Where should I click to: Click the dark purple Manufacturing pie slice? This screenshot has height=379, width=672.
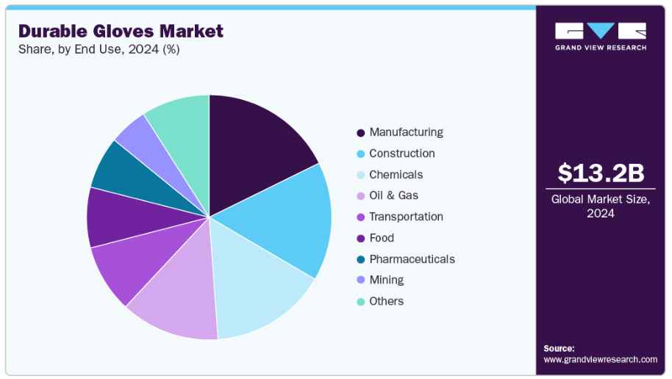tap(254, 143)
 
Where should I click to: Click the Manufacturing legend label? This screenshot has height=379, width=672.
tap(406, 132)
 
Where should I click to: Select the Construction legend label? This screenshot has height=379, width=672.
tap(402, 154)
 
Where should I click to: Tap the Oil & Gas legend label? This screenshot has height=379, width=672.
tap(393, 195)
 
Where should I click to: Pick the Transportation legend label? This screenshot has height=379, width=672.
tap(406, 217)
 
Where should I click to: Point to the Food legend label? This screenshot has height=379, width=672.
tap(382, 238)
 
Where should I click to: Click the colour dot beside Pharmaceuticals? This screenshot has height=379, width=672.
tap(360, 260)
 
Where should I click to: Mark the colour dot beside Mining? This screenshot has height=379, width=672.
tap(360, 281)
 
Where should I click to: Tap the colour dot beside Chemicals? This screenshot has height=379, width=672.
tap(360, 176)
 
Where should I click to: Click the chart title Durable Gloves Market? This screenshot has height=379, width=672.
tap(121, 31)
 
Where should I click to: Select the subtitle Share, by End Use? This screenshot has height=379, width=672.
tap(99, 50)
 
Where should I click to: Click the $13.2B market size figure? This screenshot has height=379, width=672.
tap(601, 173)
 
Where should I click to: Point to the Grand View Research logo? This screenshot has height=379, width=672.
tap(601, 36)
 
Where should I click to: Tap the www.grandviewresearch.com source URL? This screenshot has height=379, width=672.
tap(600, 359)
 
